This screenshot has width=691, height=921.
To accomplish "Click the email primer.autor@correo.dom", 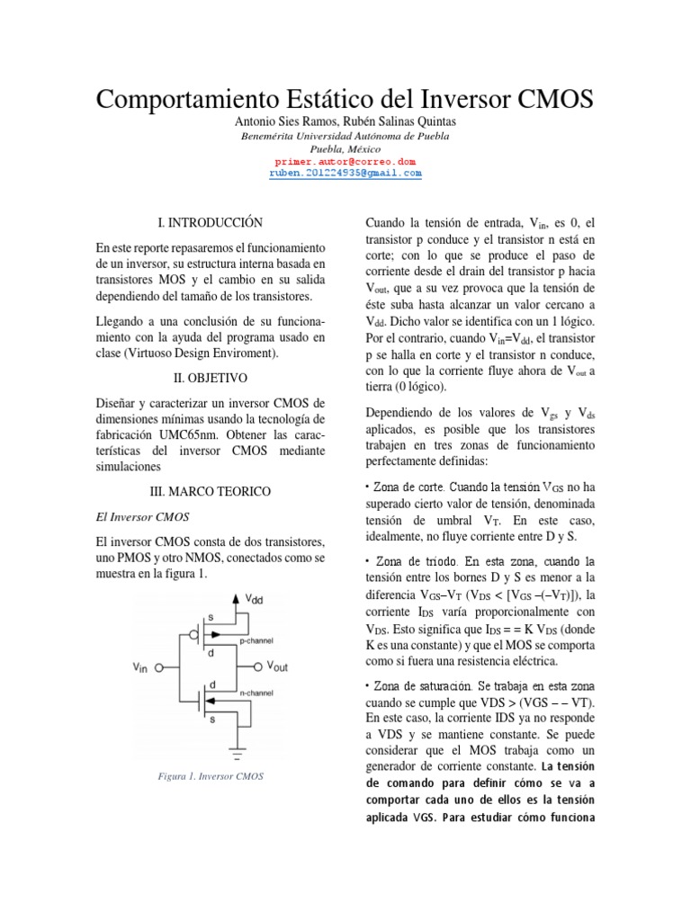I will click(345, 161).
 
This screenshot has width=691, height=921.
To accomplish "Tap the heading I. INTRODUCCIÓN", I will click(209, 221).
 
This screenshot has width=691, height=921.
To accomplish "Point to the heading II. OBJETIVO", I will click(209, 379).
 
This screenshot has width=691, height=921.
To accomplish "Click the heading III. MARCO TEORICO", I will click(209, 491).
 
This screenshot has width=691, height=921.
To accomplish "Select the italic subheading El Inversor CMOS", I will click(139, 518).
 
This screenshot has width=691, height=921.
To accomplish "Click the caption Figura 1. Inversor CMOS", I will click(209, 775).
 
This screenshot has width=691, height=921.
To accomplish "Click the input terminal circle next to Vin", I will click(160, 668).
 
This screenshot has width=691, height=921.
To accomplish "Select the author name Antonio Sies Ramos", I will click(284, 121).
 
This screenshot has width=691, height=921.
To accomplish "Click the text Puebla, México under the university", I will click(345, 148).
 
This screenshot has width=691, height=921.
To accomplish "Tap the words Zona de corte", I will click(400, 487).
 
